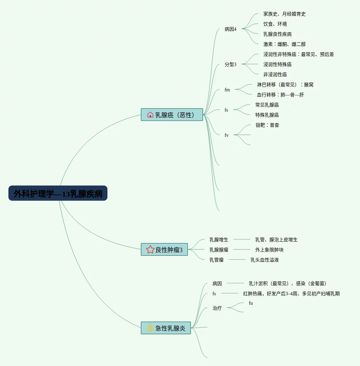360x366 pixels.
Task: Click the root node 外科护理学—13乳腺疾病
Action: [x=58, y=193]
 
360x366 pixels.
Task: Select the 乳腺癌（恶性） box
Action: [x=172, y=115]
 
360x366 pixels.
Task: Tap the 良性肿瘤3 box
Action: [x=164, y=249]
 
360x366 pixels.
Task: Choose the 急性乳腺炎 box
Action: [x=166, y=328]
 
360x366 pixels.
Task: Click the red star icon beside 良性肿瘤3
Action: [x=150, y=249]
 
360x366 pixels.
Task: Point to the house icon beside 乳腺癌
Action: [x=150, y=115]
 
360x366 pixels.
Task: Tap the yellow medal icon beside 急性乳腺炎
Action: [x=150, y=328]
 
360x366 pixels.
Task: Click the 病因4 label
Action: [x=230, y=29]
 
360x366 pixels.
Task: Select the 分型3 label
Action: [x=230, y=64]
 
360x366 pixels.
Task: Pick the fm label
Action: [x=227, y=90]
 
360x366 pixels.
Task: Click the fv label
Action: [x=227, y=135]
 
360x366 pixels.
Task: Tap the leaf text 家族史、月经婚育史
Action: [x=284, y=14]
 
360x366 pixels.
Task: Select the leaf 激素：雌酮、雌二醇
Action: [x=284, y=44]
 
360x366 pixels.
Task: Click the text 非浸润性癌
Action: [x=275, y=74]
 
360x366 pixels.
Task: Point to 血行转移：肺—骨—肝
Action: [x=280, y=95]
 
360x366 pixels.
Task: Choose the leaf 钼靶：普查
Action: [x=267, y=125]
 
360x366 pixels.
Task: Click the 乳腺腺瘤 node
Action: [x=219, y=250]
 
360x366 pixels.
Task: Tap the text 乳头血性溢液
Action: [x=264, y=260]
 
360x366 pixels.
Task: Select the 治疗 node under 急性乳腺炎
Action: [x=217, y=308]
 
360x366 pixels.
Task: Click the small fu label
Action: [x=251, y=303]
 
